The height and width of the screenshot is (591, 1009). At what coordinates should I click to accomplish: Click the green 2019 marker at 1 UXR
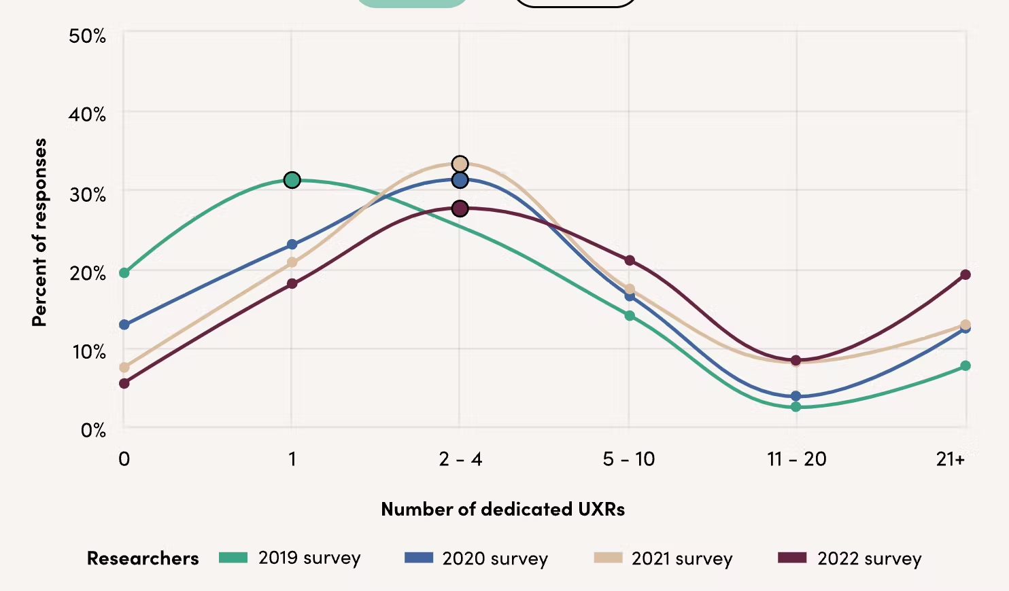[292, 180]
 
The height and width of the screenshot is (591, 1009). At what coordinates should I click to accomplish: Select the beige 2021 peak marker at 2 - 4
[460, 164]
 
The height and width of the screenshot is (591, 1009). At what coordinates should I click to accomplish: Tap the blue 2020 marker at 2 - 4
[460, 180]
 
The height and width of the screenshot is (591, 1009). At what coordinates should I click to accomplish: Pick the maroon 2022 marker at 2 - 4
[460, 208]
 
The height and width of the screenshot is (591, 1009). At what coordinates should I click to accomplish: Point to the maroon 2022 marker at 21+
[965, 274]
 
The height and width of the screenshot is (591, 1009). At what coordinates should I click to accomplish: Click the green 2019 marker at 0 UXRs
[124, 272]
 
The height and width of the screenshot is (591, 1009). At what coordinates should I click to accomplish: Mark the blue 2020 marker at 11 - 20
[796, 396]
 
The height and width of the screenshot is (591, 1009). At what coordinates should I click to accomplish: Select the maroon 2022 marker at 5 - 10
[630, 260]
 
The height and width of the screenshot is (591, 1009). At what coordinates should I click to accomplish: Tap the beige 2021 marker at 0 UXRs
[124, 368]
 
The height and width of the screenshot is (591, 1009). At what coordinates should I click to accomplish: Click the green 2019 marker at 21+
[965, 365]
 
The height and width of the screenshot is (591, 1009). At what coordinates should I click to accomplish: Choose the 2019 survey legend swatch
[233, 558]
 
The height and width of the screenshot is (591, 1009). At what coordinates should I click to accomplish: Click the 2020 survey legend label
[495, 558]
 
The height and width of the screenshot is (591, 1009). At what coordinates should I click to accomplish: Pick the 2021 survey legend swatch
[608, 558]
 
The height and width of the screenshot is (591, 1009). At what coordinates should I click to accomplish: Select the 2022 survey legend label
[870, 558]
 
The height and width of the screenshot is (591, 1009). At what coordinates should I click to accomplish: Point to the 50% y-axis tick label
[87, 36]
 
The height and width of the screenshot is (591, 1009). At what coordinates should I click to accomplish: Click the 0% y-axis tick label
[93, 430]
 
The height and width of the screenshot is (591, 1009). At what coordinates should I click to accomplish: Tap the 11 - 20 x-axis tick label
[797, 459]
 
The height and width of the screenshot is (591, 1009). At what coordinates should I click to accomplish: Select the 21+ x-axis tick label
[950, 459]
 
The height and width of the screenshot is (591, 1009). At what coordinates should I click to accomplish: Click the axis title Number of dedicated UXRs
[502, 509]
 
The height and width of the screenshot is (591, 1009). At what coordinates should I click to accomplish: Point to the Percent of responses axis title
[39, 232]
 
